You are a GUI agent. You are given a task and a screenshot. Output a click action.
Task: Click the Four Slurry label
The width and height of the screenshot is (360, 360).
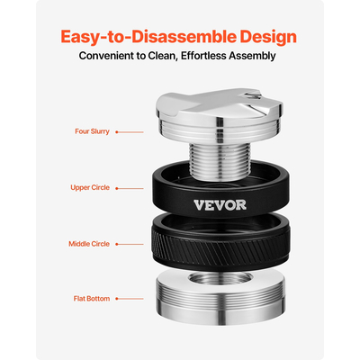pyautogui.click(x=92, y=131)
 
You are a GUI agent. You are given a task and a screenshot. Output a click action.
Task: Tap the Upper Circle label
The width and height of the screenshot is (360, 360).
pyautogui.click(x=90, y=188)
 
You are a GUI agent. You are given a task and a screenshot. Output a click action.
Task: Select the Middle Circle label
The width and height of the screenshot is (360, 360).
pyautogui.click(x=89, y=244)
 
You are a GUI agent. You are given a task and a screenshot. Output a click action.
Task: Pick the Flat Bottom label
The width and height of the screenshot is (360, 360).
pyautogui.click(x=92, y=298)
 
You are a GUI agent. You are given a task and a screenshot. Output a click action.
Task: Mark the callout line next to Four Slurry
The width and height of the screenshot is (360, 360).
pyautogui.click(x=129, y=131)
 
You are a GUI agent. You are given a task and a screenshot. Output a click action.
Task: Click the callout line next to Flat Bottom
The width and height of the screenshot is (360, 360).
pyautogui.click(x=129, y=298)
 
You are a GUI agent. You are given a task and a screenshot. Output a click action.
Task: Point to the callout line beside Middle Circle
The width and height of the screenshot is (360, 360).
pyautogui.click(x=129, y=244)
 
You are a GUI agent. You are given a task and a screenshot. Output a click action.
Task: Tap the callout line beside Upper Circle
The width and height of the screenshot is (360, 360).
pyautogui.click(x=129, y=188)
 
